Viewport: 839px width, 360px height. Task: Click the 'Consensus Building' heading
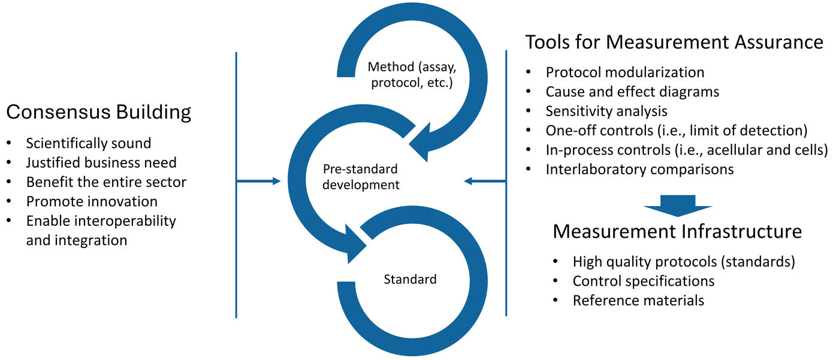point(99,113)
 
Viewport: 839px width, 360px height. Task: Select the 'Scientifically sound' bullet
point(88,143)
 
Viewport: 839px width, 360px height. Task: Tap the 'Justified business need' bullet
point(101,162)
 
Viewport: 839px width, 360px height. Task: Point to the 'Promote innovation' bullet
point(92,201)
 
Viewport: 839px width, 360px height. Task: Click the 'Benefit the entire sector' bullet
point(105,181)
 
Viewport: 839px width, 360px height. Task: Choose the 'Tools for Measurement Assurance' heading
point(674,43)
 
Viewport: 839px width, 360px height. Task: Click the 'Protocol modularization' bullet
point(624,72)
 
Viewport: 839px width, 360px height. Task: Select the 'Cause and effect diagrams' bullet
point(632,92)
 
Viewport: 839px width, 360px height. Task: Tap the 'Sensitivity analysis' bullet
point(606,111)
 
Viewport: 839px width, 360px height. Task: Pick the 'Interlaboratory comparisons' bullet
point(639,169)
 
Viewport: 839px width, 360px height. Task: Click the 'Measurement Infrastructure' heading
point(677,232)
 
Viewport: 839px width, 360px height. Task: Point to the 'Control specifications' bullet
point(643,280)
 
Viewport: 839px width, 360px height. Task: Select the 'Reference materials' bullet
point(638,300)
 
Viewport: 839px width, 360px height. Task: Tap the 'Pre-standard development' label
point(361,177)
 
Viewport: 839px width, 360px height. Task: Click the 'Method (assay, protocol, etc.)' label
point(411,75)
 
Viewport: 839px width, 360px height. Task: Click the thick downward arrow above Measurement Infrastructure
point(678,205)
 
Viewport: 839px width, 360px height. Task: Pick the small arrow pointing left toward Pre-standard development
point(485,181)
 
